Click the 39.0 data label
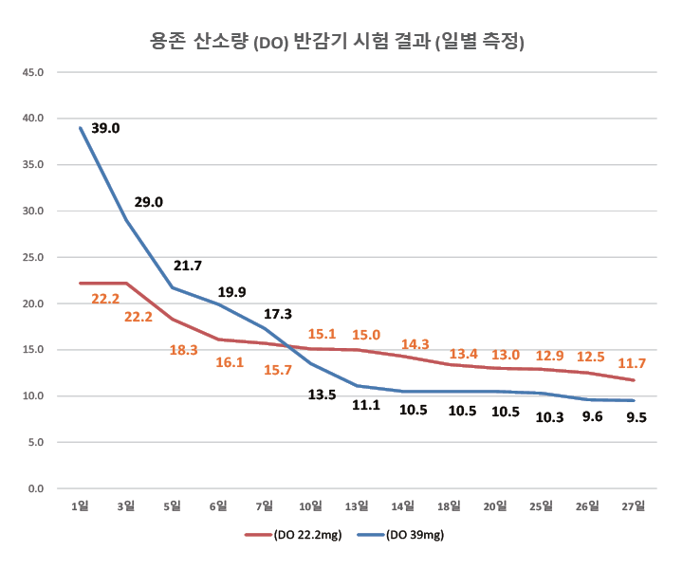(x=105, y=129)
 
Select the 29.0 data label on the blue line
(x=148, y=202)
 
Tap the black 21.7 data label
(x=187, y=266)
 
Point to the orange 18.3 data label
(x=184, y=350)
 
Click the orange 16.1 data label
(x=231, y=361)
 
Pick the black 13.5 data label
(x=322, y=395)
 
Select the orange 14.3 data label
(x=415, y=344)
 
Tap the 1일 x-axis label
(x=81, y=506)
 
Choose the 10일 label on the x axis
(x=310, y=506)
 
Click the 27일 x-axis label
(x=634, y=506)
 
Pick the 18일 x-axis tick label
(x=449, y=506)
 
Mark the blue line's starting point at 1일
(x=81, y=127)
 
